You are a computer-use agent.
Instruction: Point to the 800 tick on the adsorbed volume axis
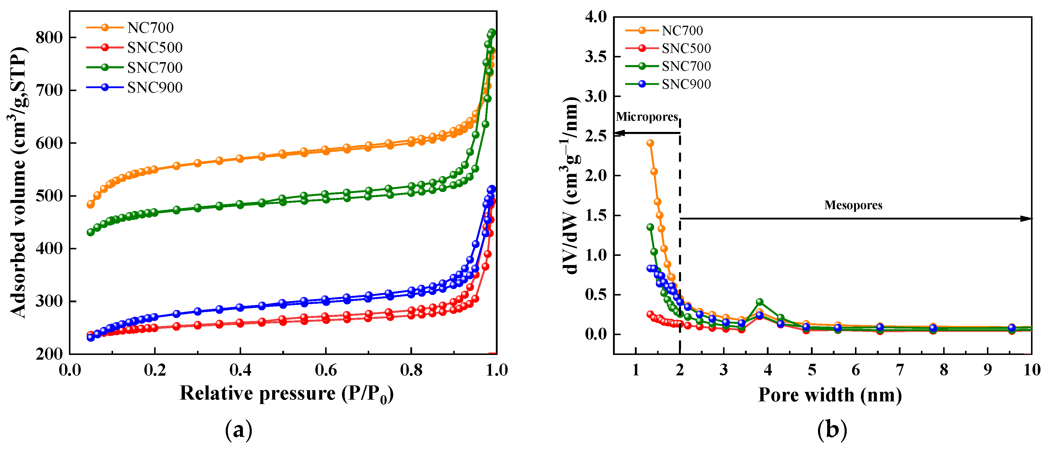coord(49,37)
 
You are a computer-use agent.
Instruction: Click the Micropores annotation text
coord(647,117)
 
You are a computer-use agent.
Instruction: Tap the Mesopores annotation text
coord(853,205)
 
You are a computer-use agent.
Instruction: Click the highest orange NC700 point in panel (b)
coord(650,143)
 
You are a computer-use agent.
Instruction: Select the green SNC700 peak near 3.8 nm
coord(759,302)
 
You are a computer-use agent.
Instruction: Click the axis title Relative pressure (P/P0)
coord(287,393)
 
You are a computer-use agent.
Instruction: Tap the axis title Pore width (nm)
coord(830,395)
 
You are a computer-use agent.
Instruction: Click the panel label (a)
coord(238,430)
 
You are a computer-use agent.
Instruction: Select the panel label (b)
coord(832,430)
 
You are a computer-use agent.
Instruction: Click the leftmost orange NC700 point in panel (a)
coord(91,204)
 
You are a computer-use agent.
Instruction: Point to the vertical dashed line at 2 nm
coord(680,244)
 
